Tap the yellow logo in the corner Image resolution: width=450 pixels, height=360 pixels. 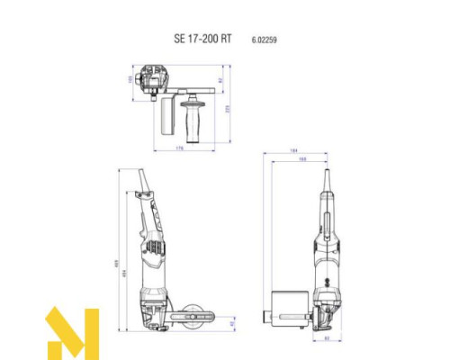tap(71, 332)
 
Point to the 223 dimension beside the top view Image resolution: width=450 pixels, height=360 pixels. tap(228, 108)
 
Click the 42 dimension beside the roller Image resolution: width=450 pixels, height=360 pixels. tap(231, 321)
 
